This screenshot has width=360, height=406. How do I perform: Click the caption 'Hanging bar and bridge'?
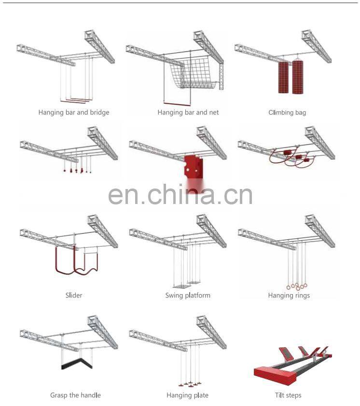click(x=74, y=112)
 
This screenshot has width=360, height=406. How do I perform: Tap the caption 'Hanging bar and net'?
click(x=188, y=112)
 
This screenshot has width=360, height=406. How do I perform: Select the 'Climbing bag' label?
click(x=287, y=112)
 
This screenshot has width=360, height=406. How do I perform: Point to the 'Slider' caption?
click(x=74, y=295)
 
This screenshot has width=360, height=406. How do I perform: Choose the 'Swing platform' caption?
click(x=188, y=295)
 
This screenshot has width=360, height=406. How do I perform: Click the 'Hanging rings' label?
click(x=289, y=295)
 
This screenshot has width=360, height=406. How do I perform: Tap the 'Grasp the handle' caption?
click(x=75, y=395)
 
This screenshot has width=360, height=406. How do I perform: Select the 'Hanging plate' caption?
click(x=187, y=395)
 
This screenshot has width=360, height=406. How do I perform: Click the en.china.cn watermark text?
click(x=180, y=194)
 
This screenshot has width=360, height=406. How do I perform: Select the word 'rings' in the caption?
click(x=301, y=295)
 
